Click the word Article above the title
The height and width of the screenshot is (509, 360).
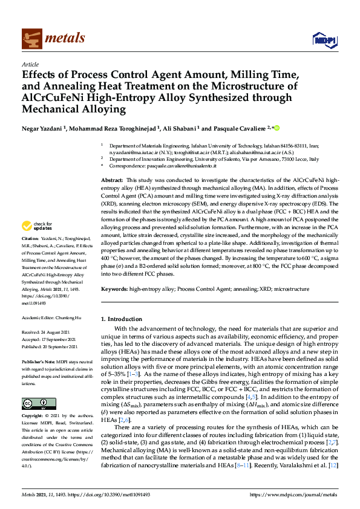pos(30,65)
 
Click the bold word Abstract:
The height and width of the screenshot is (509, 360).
pos(111,181)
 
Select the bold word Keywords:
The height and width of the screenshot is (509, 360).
pos(114,290)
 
